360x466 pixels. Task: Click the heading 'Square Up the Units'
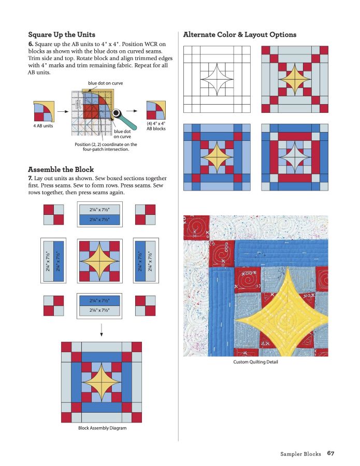pos(62,35)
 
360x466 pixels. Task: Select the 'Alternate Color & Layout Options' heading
pos(240,35)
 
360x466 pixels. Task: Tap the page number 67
pos(330,454)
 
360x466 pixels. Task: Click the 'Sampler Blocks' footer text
pos(301,454)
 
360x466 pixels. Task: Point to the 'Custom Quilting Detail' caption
pos(255,362)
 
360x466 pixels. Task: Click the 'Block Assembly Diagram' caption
pos(102,428)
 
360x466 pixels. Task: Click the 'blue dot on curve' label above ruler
pos(105,83)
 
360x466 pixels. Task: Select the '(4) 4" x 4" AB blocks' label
pos(156,126)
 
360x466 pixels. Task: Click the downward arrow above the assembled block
pos(101,329)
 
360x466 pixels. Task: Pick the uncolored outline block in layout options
pos(217,79)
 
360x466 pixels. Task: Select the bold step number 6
pos(30,44)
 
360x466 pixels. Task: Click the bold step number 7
pos(30,178)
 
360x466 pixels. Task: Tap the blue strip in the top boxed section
pos(101,220)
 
